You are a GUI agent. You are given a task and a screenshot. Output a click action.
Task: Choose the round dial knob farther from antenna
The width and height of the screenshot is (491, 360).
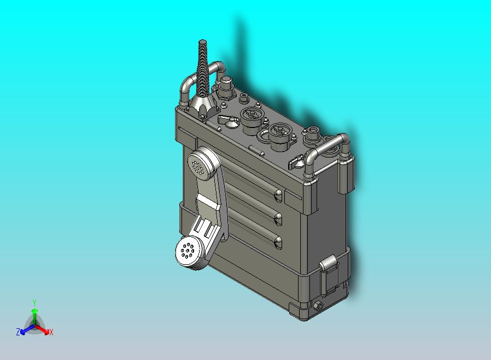pos(280,136)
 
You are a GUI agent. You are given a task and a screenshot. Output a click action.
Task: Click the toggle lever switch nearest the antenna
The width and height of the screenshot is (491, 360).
pos(227,120)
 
